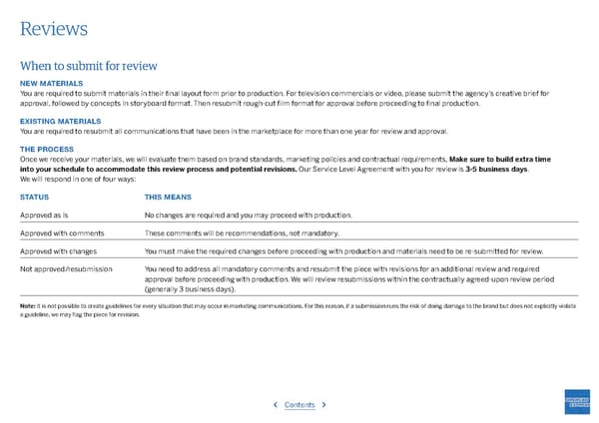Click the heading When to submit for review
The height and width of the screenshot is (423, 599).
tap(89, 66)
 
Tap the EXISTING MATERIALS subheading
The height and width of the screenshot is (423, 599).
tap(60, 121)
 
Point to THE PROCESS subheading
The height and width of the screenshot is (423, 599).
tap(48, 149)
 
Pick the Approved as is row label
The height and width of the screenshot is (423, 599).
tap(49, 214)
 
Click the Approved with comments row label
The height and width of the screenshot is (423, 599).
tap(63, 232)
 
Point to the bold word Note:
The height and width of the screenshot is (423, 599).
tap(27, 305)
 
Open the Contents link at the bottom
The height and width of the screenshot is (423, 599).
tap(299, 405)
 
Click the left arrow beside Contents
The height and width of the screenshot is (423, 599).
tap(276, 405)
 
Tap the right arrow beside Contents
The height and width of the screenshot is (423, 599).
tap(323, 405)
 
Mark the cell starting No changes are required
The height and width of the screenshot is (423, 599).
tap(248, 214)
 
